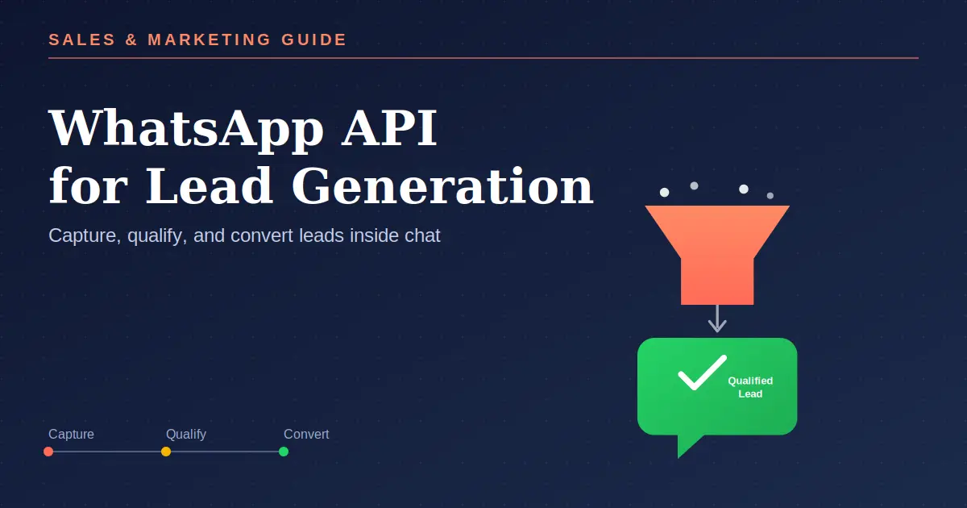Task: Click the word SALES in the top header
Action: click(82, 40)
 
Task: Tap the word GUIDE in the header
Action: click(313, 40)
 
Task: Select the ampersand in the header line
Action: click(131, 40)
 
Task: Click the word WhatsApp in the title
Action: click(186, 129)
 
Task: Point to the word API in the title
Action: click(389, 127)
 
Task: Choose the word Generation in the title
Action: click(442, 186)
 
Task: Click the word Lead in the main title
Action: click(210, 186)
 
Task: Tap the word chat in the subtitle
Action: click(422, 235)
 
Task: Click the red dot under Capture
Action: click(48, 452)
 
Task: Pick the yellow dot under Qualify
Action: click(166, 452)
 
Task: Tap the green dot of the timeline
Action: click(284, 452)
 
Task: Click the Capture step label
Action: click(71, 434)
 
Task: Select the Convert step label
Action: click(306, 434)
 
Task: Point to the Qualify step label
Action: click(186, 435)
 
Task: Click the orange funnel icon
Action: click(717, 255)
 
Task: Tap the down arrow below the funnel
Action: click(717, 319)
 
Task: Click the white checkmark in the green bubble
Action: click(703, 373)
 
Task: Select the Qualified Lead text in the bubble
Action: click(750, 387)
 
